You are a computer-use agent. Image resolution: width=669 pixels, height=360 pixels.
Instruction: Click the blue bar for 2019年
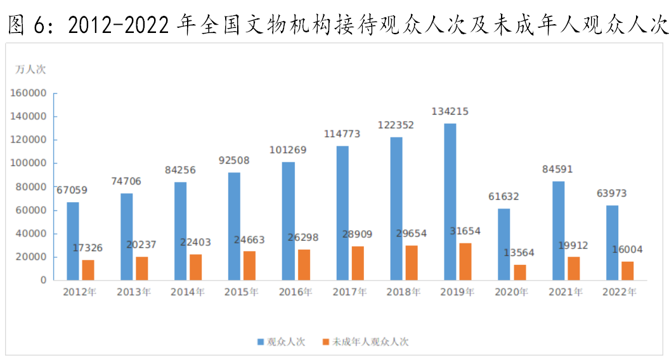(450, 202)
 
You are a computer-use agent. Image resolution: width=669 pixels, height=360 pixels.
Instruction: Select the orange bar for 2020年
(520, 272)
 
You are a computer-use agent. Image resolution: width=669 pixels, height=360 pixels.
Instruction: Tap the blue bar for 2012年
(73, 241)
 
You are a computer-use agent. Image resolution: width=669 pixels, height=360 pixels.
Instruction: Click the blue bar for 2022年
(612, 243)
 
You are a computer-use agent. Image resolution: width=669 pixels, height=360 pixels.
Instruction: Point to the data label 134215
(450, 112)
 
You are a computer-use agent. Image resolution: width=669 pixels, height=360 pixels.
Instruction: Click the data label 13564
(519, 253)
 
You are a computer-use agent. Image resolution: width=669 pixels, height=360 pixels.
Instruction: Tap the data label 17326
(87, 248)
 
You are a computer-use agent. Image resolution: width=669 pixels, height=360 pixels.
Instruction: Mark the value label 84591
(558, 169)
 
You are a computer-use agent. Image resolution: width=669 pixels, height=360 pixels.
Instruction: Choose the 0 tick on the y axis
(44, 280)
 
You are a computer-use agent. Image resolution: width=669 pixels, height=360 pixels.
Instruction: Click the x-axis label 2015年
(242, 292)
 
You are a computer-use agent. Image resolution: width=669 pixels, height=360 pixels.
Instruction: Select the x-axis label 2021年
(566, 292)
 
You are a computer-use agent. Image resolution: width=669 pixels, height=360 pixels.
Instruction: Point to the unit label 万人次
(30, 69)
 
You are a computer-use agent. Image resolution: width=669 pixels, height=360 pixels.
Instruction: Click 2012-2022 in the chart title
(119, 25)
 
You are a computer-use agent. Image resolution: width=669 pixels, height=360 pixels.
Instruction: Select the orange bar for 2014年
(196, 267)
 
